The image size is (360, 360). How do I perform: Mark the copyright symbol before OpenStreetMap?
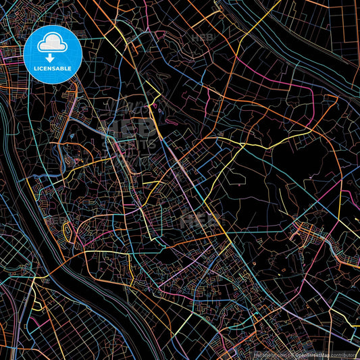(288, 354)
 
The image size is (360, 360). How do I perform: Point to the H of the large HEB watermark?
(109, 128)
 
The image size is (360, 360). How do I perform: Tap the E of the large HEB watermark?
(128, 128)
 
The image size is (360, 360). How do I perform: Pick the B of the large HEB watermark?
(145, 128)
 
